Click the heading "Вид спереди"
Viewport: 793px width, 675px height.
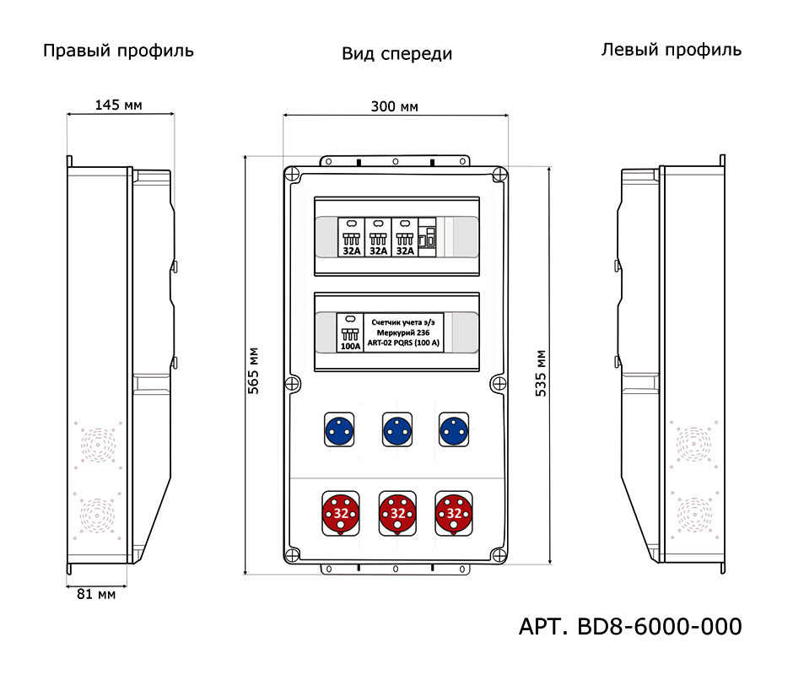point(396,54)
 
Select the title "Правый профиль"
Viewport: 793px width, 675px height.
point(118,51)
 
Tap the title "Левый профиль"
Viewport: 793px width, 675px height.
point(671,50)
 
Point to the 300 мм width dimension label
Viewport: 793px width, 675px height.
point(395,106)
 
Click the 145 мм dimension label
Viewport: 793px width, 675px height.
point(118,105)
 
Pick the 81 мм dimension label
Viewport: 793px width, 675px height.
point(95,594)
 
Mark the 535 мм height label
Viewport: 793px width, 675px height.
point(540,373)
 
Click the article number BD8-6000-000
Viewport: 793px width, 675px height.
point(629,627)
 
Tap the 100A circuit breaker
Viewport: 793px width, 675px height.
point(350,332)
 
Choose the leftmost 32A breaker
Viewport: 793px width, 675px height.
point(351,237)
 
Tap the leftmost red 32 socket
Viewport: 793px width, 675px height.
point(341,512)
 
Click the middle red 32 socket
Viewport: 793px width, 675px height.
point(396,512)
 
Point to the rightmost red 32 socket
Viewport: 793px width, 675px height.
point(452,512)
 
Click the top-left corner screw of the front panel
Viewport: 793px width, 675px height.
point(291,175)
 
